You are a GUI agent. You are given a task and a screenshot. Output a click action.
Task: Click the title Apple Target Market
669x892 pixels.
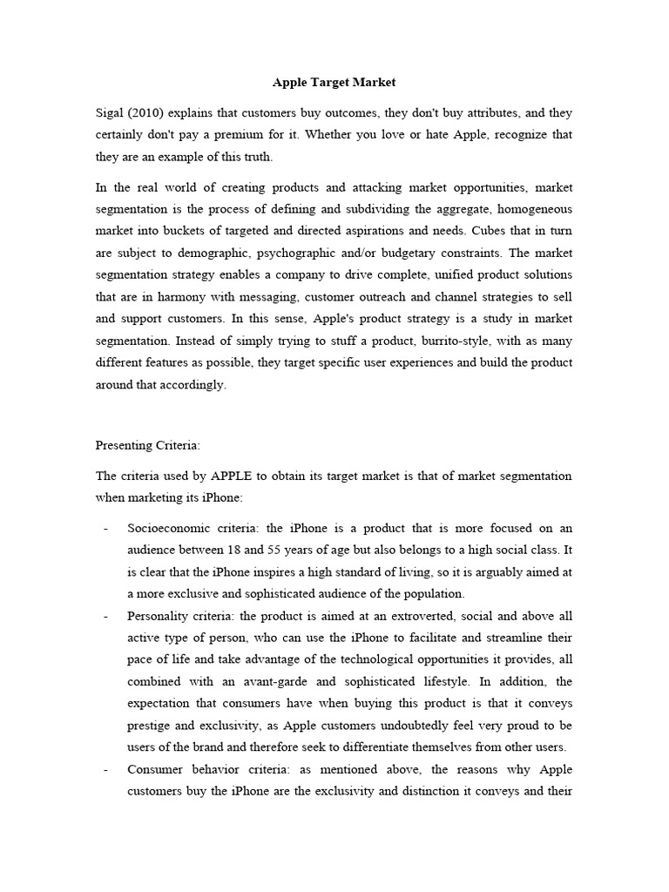[334, 83]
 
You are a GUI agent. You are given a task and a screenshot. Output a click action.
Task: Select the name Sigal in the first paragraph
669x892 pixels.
[110, 113]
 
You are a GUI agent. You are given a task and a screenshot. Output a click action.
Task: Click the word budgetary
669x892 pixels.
[417, 253]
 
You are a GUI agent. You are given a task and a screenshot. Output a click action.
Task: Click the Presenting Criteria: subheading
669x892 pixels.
[147, 445]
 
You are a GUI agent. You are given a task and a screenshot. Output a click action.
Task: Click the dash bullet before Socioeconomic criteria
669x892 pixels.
[105, 529]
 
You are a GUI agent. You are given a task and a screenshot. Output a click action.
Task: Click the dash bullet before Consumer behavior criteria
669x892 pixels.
[105, 769]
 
